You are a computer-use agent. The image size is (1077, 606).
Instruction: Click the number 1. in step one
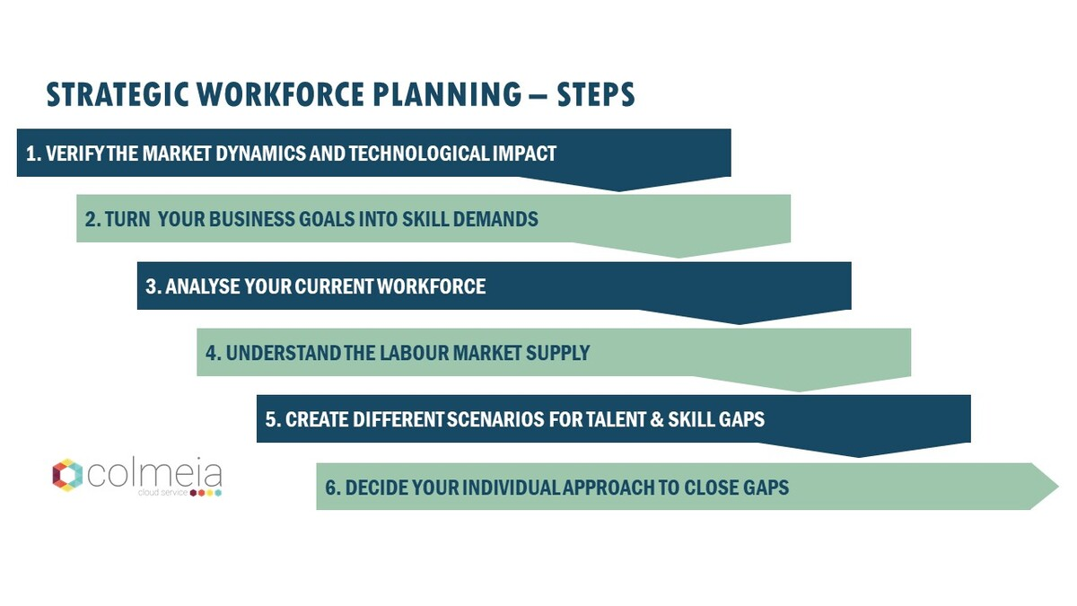pos(34,154)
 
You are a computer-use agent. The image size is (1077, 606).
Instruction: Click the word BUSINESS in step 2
pos(256,219)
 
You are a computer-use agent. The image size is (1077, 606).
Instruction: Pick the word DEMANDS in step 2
pos(499,219)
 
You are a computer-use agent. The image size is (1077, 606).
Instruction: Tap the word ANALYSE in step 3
pos(202,286)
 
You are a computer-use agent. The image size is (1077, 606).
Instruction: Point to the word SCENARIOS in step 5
pos(503,419)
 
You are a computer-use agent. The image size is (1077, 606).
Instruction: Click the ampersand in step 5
pos(656,419)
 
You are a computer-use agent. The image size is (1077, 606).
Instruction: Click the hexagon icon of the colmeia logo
pos(67,475)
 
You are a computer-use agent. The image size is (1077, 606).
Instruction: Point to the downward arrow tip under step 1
pos(619,187)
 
